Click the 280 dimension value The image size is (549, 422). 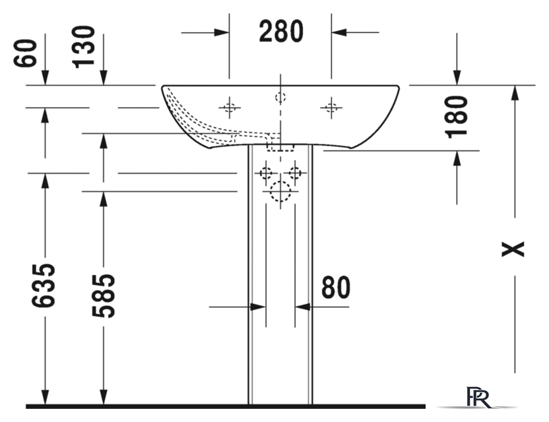[281, 32]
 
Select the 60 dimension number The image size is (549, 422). [25, 53]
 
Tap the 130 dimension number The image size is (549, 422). [83, 47]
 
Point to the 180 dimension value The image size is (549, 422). [456, 117]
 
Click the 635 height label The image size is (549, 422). [44, 286]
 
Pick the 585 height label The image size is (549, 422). [103, 296]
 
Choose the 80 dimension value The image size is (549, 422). [336, 287]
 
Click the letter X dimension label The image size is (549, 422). [513, 249]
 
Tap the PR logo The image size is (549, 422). [478, 397]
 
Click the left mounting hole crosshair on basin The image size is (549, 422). [230, 107]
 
